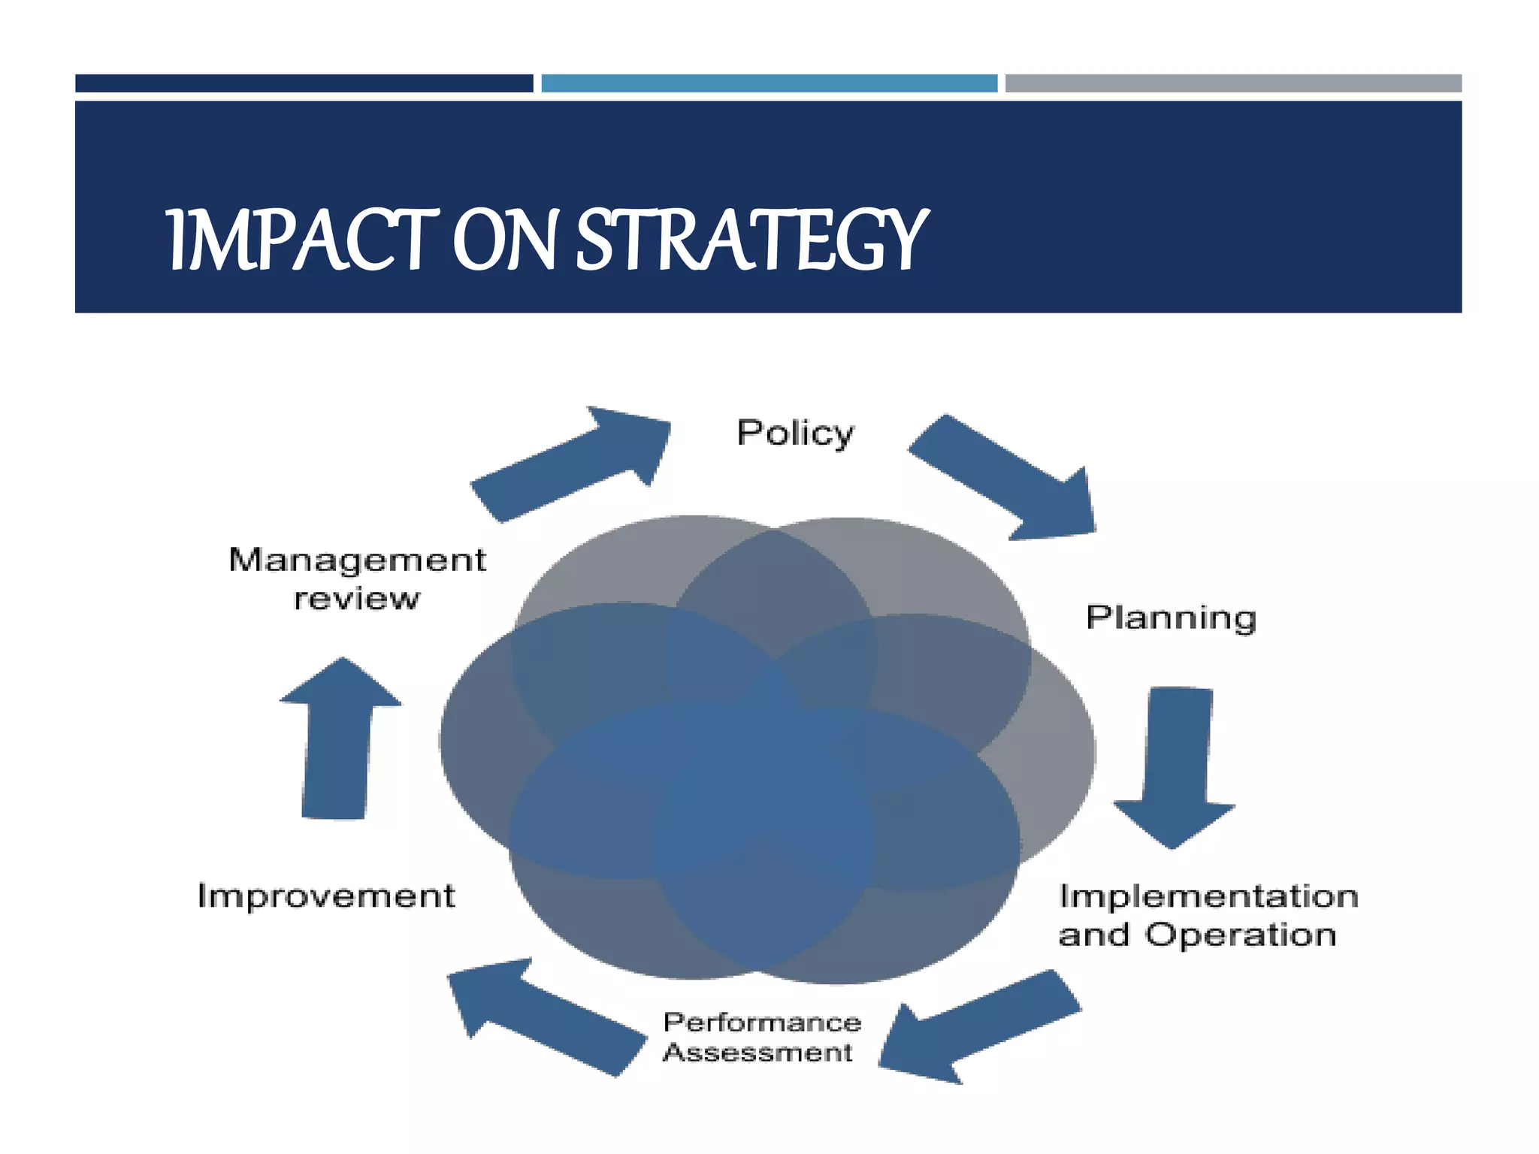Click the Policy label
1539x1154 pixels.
click(x=795, y=434)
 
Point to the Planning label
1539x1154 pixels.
click(x=1171, y=618)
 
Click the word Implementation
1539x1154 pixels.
click(x=1208, y=896)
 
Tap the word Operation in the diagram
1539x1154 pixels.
click(x=1240, y=935)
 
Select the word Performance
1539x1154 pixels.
click(x=762, y=1023)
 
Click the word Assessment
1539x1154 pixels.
click(x=757, y=1053)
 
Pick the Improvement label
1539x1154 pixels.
click(x=326, y=896)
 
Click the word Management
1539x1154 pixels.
click(x=358, y=560)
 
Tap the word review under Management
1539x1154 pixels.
click(x=357, y=600)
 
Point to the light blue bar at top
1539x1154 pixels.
click(x=769, y=83)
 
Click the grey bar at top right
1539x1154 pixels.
click(x=1233, y=83)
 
